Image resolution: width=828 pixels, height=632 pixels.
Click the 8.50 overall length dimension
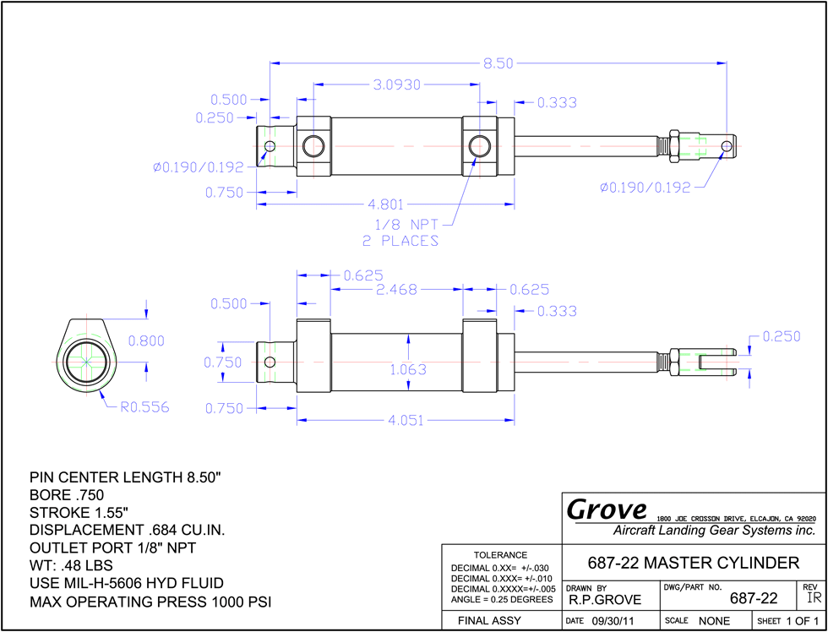coord(498,63)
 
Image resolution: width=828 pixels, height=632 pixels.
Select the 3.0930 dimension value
coord(396,84)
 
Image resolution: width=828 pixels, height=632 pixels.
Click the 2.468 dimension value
coord(396,289)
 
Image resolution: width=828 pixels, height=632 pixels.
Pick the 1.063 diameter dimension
coord(408,369)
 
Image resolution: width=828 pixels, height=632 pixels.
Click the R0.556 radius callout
coord(144,407)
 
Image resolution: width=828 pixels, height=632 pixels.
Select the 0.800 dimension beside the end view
coord(146,341)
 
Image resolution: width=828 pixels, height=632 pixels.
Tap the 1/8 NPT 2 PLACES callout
coord(400,233)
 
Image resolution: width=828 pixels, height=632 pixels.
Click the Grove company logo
coord(607,509)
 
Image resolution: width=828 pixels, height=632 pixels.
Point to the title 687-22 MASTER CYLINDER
coord(694,563)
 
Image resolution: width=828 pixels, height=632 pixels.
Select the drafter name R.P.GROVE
coord(605,600)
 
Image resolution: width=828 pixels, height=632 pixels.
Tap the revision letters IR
coord(814,597)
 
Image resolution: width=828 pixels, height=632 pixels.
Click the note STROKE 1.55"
coord(79,513)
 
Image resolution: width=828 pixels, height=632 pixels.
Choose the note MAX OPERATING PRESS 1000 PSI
coord(150,602)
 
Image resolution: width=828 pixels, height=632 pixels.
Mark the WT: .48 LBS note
coord(71,566)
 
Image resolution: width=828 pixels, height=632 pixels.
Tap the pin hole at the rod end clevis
coord(727,145)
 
